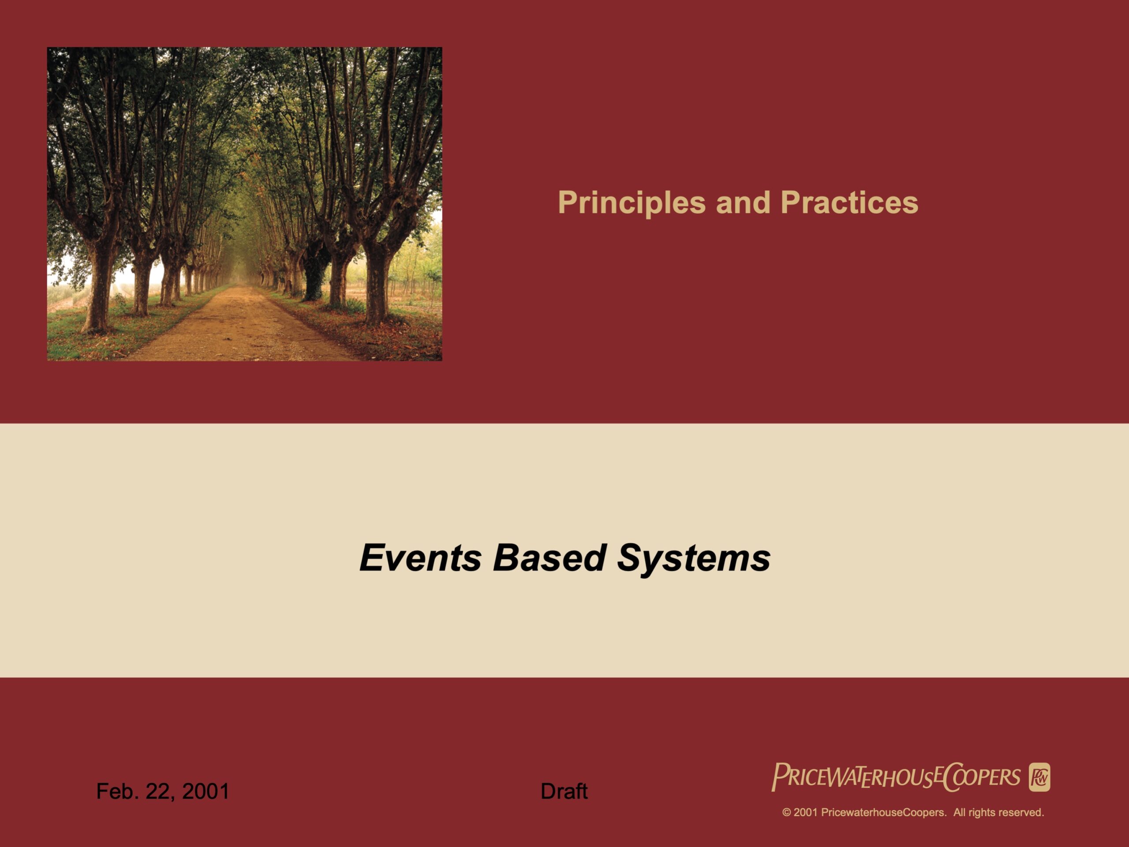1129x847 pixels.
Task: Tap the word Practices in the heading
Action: click(849, 202)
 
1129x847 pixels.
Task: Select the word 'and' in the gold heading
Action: click(743, 202)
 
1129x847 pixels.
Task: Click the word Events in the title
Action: click(420, 557)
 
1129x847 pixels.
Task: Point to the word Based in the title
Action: click(549, 557)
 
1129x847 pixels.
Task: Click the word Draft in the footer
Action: click(564, 791)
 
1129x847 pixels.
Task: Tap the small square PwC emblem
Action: click(1039, 777)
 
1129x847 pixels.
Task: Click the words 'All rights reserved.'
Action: click(999, 812)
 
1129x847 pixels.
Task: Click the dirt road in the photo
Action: click(240, 327)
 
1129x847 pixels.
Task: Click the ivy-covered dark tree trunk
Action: click(315, 270)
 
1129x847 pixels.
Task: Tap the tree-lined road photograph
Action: click(244, 204)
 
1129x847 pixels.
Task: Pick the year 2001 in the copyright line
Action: click(806, 812)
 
